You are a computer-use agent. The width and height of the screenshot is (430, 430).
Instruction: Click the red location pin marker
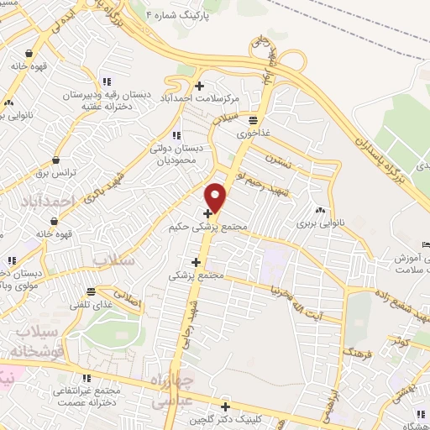(x=216, y=197)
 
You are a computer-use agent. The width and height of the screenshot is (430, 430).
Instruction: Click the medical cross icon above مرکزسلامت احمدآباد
(x=199, y=86)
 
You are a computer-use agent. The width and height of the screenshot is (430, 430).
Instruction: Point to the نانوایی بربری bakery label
(x=320, y=224)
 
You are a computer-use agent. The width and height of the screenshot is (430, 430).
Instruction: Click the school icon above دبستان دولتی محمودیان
(x=176, y=134)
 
